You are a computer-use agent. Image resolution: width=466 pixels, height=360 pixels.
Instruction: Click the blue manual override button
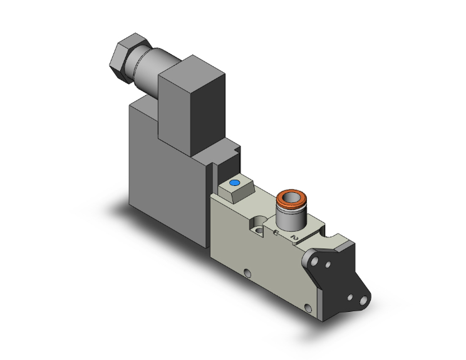coord(234,183)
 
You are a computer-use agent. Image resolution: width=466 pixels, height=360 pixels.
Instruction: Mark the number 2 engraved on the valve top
coord(295,237)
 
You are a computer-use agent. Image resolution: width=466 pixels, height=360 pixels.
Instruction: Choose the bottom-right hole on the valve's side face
coord(307,307)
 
